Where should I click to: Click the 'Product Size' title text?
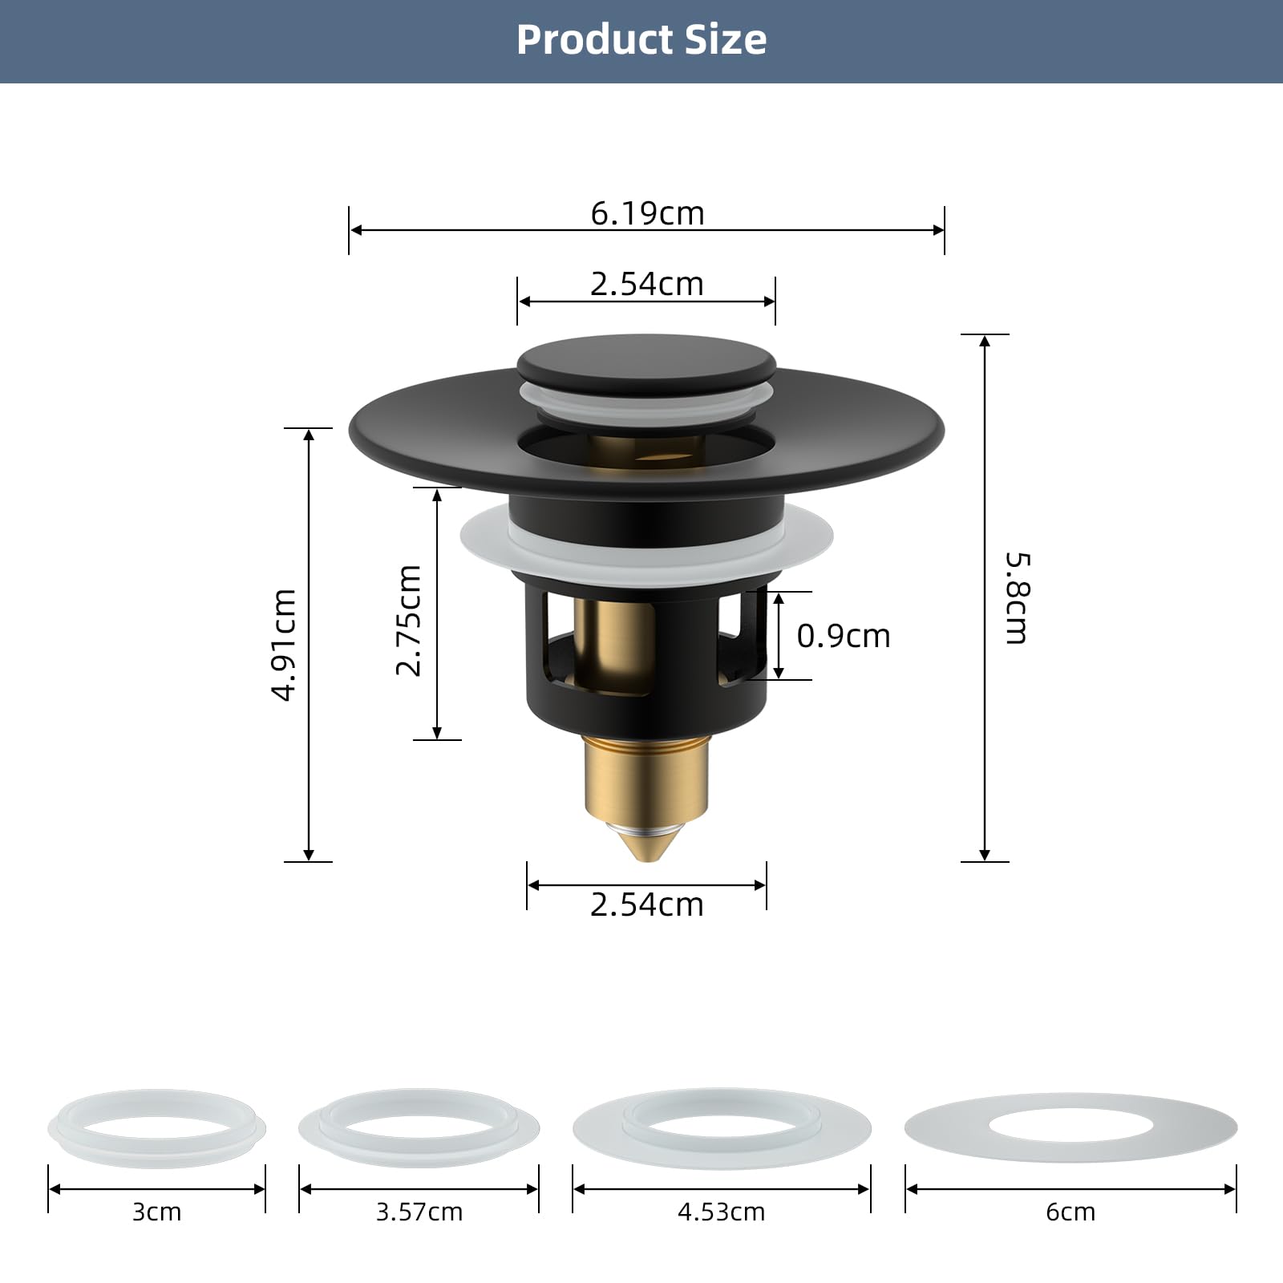click(641, 40)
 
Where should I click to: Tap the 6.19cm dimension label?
click(647, 213)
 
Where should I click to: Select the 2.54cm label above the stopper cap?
click(647, 284)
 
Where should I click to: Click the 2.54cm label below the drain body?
click(647, 905)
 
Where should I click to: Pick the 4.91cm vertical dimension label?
click(284, 645)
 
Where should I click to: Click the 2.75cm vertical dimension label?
click(409, 620)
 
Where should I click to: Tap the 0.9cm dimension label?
click(844, 636)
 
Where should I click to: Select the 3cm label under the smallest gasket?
click(157, 1212)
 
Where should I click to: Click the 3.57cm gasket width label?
click(419, 1212)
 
